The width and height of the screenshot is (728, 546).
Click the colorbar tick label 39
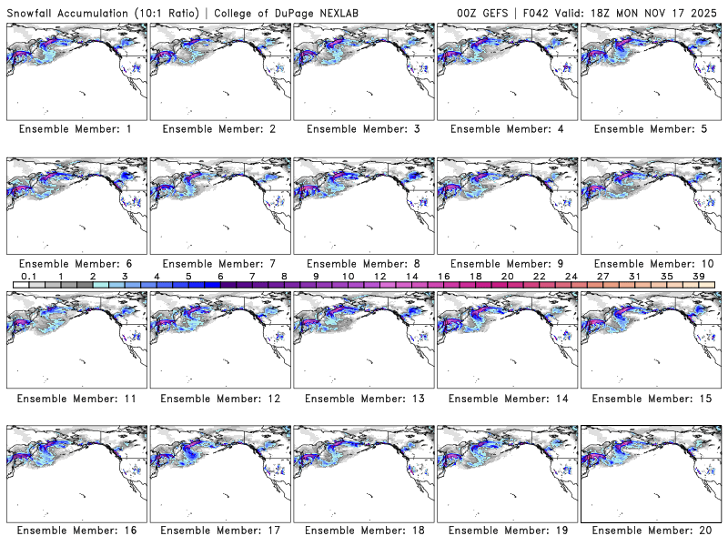697,275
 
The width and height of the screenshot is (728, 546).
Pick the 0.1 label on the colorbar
29,275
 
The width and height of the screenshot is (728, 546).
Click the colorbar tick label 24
571,275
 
